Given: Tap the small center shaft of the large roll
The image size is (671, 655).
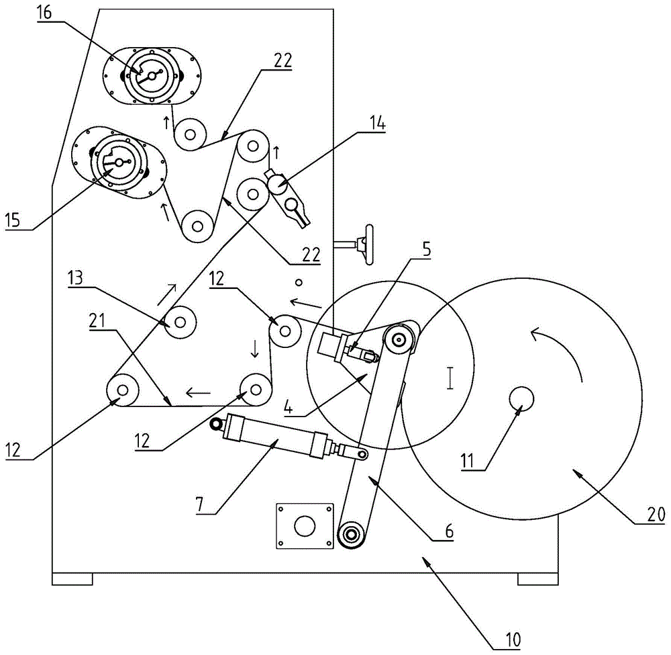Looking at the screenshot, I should (x=521, y=399).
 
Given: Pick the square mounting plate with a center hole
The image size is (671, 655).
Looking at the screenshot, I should (x=305, y=526).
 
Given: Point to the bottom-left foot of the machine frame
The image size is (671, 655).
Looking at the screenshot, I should (x=72, y=578).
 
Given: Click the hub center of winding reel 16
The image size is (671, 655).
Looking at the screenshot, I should (x=152, y=75).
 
